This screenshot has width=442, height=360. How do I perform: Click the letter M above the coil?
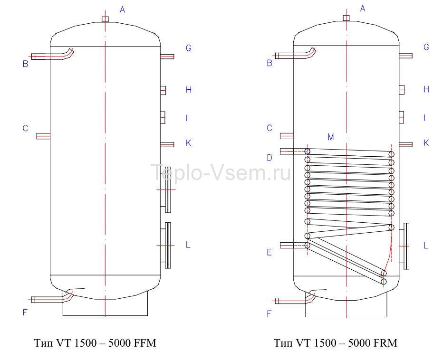point(331,137)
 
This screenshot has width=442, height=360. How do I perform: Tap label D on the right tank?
point(269,158)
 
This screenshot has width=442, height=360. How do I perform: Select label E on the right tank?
point(269,252)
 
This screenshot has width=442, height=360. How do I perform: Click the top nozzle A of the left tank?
point(105,19)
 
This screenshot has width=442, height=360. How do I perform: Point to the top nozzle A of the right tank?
point(346,18)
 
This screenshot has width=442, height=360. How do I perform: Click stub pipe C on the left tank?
point(43,136)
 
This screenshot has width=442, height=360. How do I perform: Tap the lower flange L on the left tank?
point(166,246)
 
